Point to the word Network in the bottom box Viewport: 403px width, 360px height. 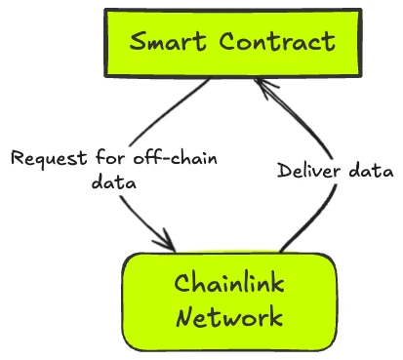pyautogui.click(x=230, y=317)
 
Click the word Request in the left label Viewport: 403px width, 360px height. pyautogui.click(x=45, y=158)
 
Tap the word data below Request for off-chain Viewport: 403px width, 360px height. pyautogui.click(x=113, y=181)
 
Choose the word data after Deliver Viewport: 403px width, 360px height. pyautogui.click(x=371, y=171)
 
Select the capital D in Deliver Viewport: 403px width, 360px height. pyautogui.click(x=284, y=171)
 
